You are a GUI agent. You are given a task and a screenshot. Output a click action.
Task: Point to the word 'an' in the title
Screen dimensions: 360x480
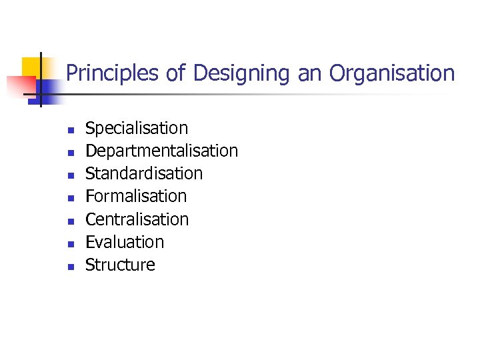point(309,73)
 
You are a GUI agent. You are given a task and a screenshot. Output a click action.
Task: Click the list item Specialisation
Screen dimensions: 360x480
point(137,128)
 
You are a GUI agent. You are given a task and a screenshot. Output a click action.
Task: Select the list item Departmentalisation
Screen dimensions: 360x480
point(161,151)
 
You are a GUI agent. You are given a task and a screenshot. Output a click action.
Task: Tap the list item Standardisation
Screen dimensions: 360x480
point(144,173)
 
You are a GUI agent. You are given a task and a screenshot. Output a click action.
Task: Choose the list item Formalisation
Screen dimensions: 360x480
point(136,196)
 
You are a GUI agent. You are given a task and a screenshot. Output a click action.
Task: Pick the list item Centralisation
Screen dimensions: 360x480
point(137,219)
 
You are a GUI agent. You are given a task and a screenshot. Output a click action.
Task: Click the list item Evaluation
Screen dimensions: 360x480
point(125,242)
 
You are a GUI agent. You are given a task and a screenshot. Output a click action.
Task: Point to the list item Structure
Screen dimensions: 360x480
point(120,265)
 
